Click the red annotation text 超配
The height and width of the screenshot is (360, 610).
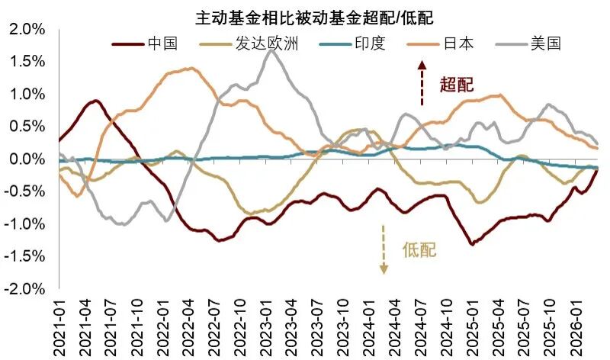[x=457, y=84]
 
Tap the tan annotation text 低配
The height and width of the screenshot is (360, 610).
[x=419, y=249]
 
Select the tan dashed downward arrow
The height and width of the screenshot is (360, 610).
[x=384, y=249]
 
